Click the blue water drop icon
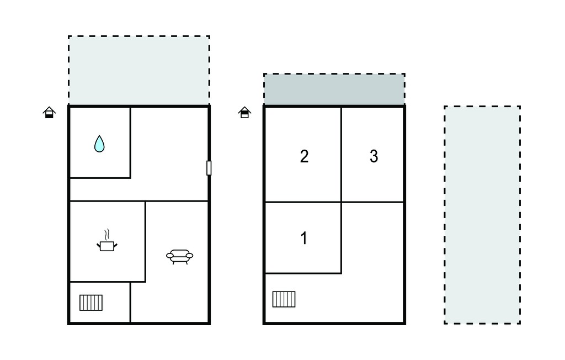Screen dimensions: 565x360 click(x=99, y=144)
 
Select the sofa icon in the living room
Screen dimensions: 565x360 click(x=179, y=257)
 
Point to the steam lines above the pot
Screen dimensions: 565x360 click(x=106, y=235)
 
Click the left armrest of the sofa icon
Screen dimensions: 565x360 click(x=170, y=256)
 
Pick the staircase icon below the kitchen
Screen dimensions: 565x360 click(x=91, y=303)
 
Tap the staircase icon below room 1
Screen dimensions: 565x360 click(x=284, y=299)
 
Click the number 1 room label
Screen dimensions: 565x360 click(x=304, y=238)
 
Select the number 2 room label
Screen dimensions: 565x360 click(x=304, y=156)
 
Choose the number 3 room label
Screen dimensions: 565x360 click(x=374, y=156)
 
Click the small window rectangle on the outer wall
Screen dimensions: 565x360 click(x=209, y=168)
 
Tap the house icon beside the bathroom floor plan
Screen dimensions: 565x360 click(x=49, y=112)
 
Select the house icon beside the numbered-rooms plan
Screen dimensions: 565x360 click(x=244, y=112)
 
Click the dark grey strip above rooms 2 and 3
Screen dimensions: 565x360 click(x=334, y=89)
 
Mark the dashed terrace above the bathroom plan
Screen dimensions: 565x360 click(x=138, y=70)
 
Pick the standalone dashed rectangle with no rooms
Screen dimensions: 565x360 click(x=482, y=215)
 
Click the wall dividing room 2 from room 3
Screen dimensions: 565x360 click(x=341, y=155)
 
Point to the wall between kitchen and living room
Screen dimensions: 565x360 click(x=145, y=241)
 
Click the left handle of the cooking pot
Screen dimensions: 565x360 click(x=98, y=246)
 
